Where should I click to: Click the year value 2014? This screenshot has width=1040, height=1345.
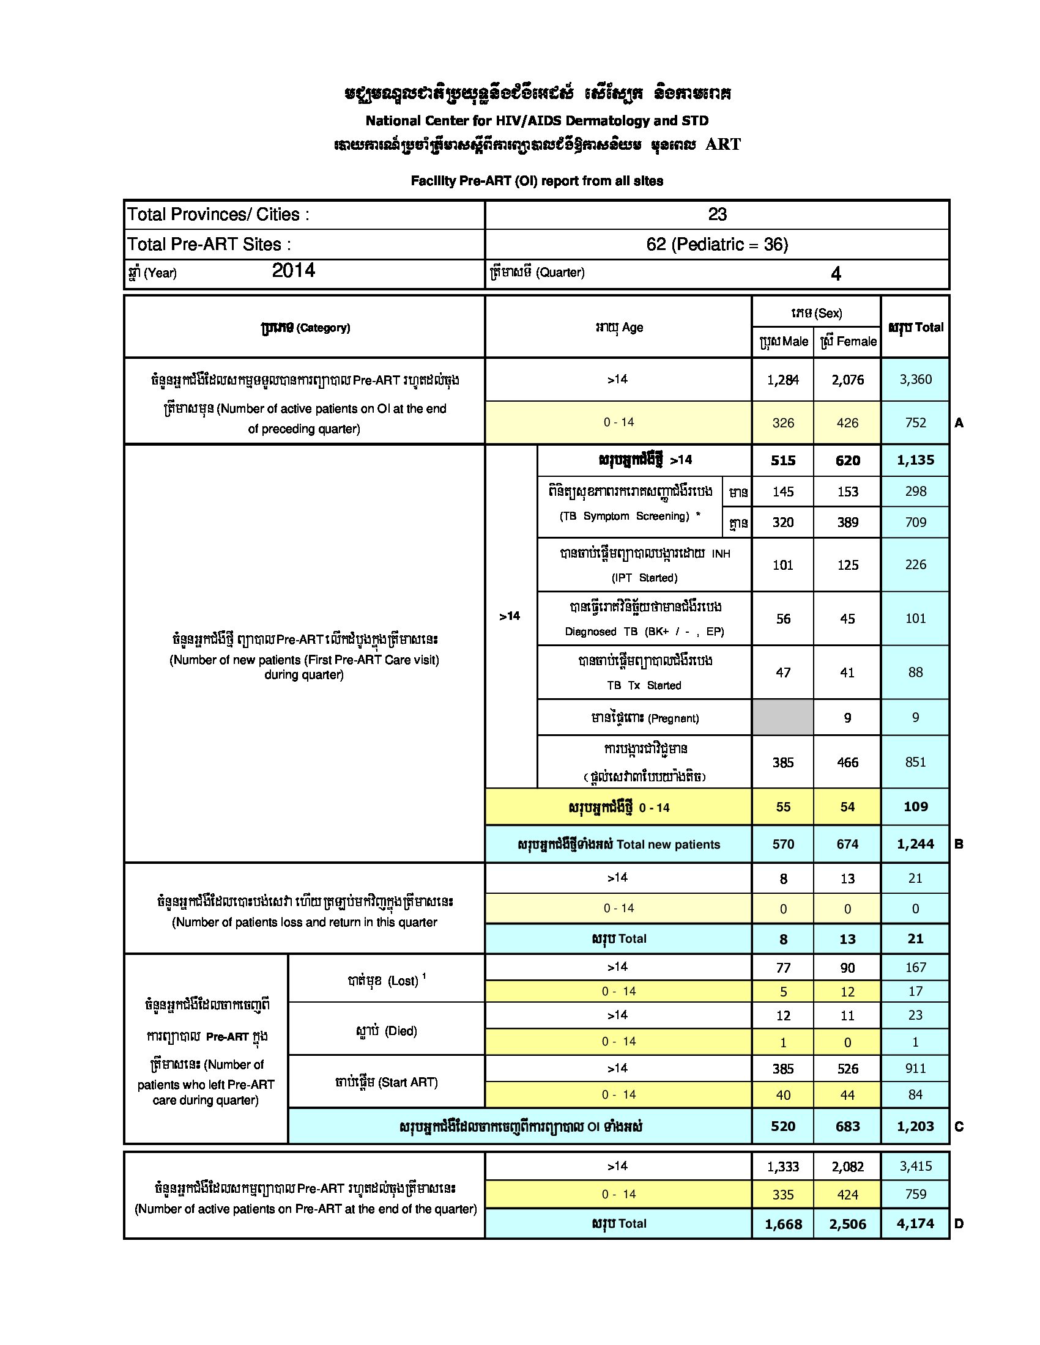(x=293, y=270)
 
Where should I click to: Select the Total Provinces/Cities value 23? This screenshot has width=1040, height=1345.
(x=717, y=215)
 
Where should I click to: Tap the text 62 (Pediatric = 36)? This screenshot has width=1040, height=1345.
(x=717, y=245)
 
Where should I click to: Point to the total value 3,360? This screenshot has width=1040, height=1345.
(x=915, y=380)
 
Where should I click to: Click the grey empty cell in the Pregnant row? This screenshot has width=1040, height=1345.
(x=782, y=718)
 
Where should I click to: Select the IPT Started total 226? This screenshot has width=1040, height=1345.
(x=915, y=565)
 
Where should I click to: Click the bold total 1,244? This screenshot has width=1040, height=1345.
(x=915, y=844)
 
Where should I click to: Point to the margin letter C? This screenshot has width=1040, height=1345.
(x=959, y=1127)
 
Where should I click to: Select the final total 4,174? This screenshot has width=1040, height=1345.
(x=915, y=1224)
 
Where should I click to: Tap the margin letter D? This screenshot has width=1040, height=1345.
(x=959, y=1224)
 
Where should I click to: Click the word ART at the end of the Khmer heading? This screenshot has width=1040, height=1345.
(x=722, y=145)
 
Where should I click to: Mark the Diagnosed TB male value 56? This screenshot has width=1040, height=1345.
(x=783, y=619)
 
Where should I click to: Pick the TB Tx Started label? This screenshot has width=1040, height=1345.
(x=644, y=685)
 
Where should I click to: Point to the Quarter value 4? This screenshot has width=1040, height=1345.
(x=836, y=274)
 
